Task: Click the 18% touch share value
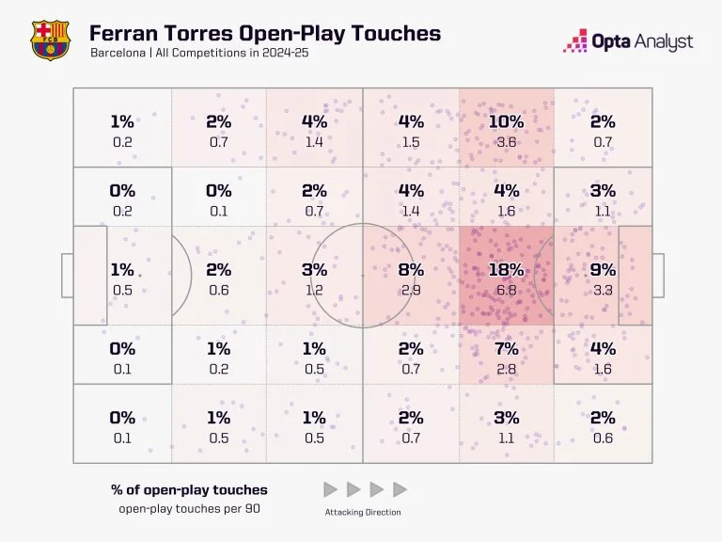[507, 270]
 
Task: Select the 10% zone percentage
[507, 121]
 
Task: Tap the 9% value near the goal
[603, 270]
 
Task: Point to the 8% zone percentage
[411, 270]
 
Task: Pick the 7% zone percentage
[507, 349]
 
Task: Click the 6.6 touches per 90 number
[507, 291]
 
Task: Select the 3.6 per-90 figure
[507, 142]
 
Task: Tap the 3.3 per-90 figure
[603, 291]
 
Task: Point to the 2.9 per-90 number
[411, 291]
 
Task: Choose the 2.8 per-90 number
[507, 370]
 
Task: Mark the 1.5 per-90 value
[411, 142]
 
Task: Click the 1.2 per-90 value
[315, 291]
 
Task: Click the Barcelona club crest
[50, 40]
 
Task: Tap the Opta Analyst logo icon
[574, 40]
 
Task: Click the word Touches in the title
[396, 33]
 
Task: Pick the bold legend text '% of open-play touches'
[189, 490]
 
